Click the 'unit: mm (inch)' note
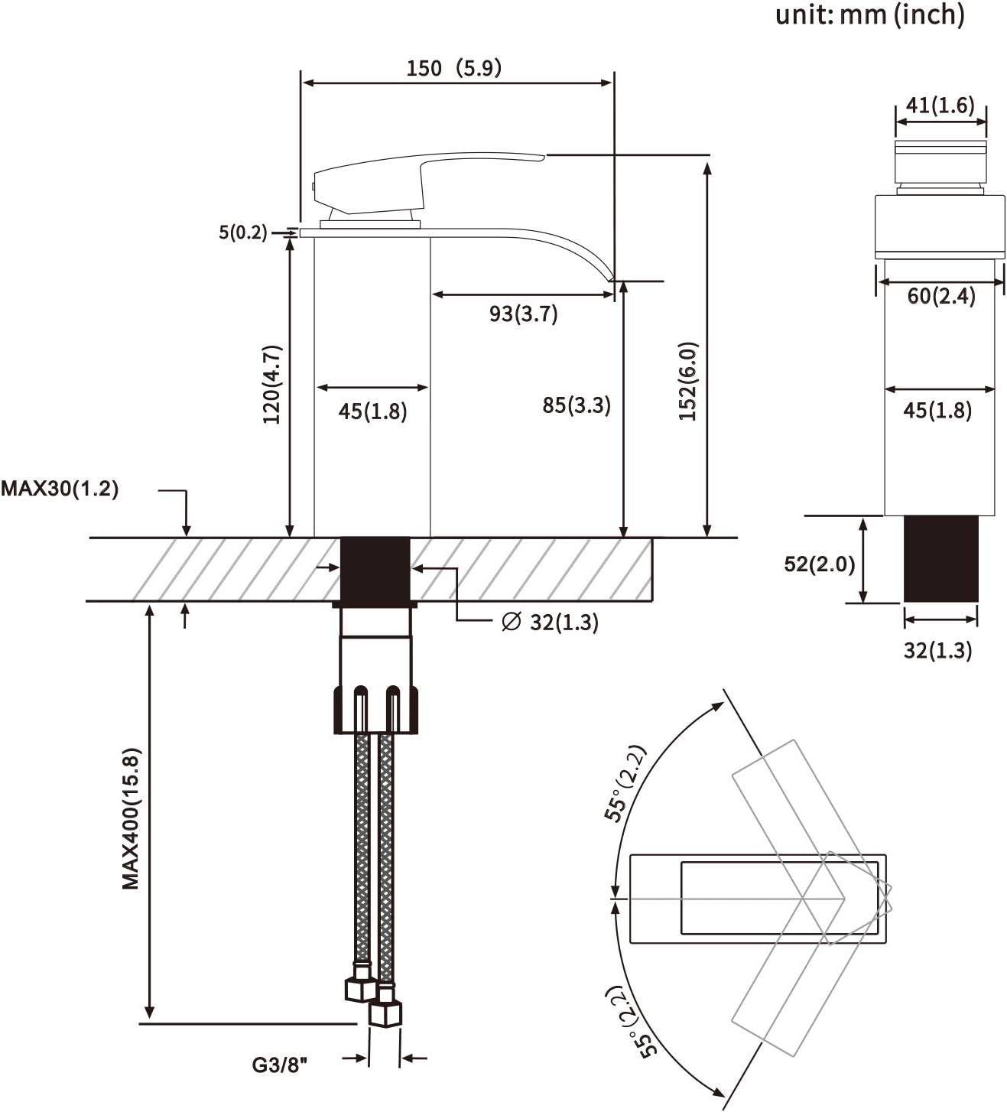point(869,15)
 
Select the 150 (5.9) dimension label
point(454,68)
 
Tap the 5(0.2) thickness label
point(242,232)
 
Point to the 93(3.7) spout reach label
point(523,314)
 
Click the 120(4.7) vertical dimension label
point(272,384)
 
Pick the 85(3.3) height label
point(577,405)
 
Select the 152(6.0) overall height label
point(688,382)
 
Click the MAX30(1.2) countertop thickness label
point(60,489)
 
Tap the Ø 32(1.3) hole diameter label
point(550,623)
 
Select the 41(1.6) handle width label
point(940,105)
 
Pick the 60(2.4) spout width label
point(941,296)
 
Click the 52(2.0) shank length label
point(819,564)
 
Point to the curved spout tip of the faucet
point(611,277)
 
